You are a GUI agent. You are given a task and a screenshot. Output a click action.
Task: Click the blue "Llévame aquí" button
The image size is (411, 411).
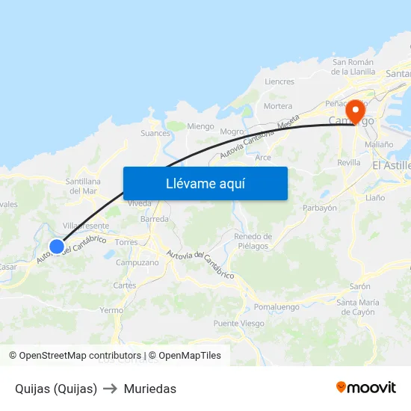205,183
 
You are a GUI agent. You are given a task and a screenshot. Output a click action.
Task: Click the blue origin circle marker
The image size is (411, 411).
56,246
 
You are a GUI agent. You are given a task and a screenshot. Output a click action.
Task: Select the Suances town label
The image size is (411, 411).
155,134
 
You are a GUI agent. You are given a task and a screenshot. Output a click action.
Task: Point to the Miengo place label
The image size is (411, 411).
200,126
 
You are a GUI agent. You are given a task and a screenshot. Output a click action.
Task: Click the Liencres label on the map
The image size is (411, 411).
279,81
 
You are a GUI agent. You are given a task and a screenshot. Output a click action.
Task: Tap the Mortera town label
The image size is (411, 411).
278,107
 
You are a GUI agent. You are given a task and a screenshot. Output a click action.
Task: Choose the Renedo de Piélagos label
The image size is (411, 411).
253,241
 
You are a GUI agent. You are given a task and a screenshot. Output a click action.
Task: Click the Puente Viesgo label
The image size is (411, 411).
238,324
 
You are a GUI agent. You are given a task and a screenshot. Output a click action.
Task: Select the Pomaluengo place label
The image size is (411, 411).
276,307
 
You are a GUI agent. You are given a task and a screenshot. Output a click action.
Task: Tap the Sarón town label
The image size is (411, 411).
359,286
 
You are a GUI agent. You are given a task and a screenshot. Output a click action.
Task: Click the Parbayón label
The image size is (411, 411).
320,208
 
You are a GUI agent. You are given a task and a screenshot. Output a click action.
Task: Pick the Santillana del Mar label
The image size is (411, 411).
82,186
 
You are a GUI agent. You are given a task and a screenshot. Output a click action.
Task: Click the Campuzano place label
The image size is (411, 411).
137,263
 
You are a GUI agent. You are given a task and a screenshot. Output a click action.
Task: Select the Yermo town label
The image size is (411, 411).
111,310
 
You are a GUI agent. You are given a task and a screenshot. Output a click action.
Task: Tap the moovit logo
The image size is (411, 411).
366,388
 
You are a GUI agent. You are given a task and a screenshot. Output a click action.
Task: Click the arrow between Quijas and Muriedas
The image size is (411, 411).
110,389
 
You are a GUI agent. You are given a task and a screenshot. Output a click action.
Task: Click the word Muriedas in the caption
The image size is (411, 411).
150,389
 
